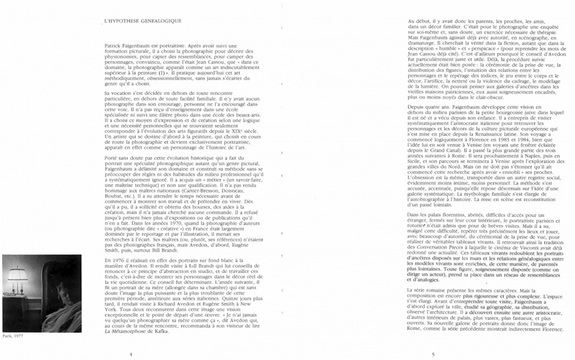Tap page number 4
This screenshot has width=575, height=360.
tap(130, 354)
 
